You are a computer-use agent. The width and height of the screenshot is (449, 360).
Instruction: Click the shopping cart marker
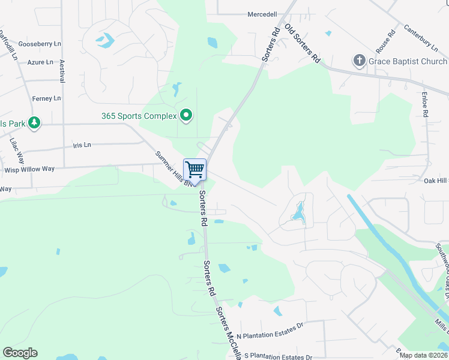click(194, 170)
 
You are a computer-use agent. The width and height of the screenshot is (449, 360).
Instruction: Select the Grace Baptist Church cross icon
click(359, 61)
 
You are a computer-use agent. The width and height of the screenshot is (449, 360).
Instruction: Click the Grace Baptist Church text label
click(408, 61)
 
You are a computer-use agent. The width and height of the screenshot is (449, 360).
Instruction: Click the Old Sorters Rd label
click(301, 44)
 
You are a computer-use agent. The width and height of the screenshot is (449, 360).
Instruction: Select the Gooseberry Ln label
click(40, 44)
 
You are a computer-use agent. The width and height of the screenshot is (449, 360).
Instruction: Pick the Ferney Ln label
click(47, 98)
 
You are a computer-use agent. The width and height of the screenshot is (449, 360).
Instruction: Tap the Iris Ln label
click(82, 145)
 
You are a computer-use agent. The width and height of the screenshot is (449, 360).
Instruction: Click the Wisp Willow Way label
click(34, 169)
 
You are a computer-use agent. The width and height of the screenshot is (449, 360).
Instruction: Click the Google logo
click(20, 353)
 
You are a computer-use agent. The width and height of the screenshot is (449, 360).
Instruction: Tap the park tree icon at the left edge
click(35, 124)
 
